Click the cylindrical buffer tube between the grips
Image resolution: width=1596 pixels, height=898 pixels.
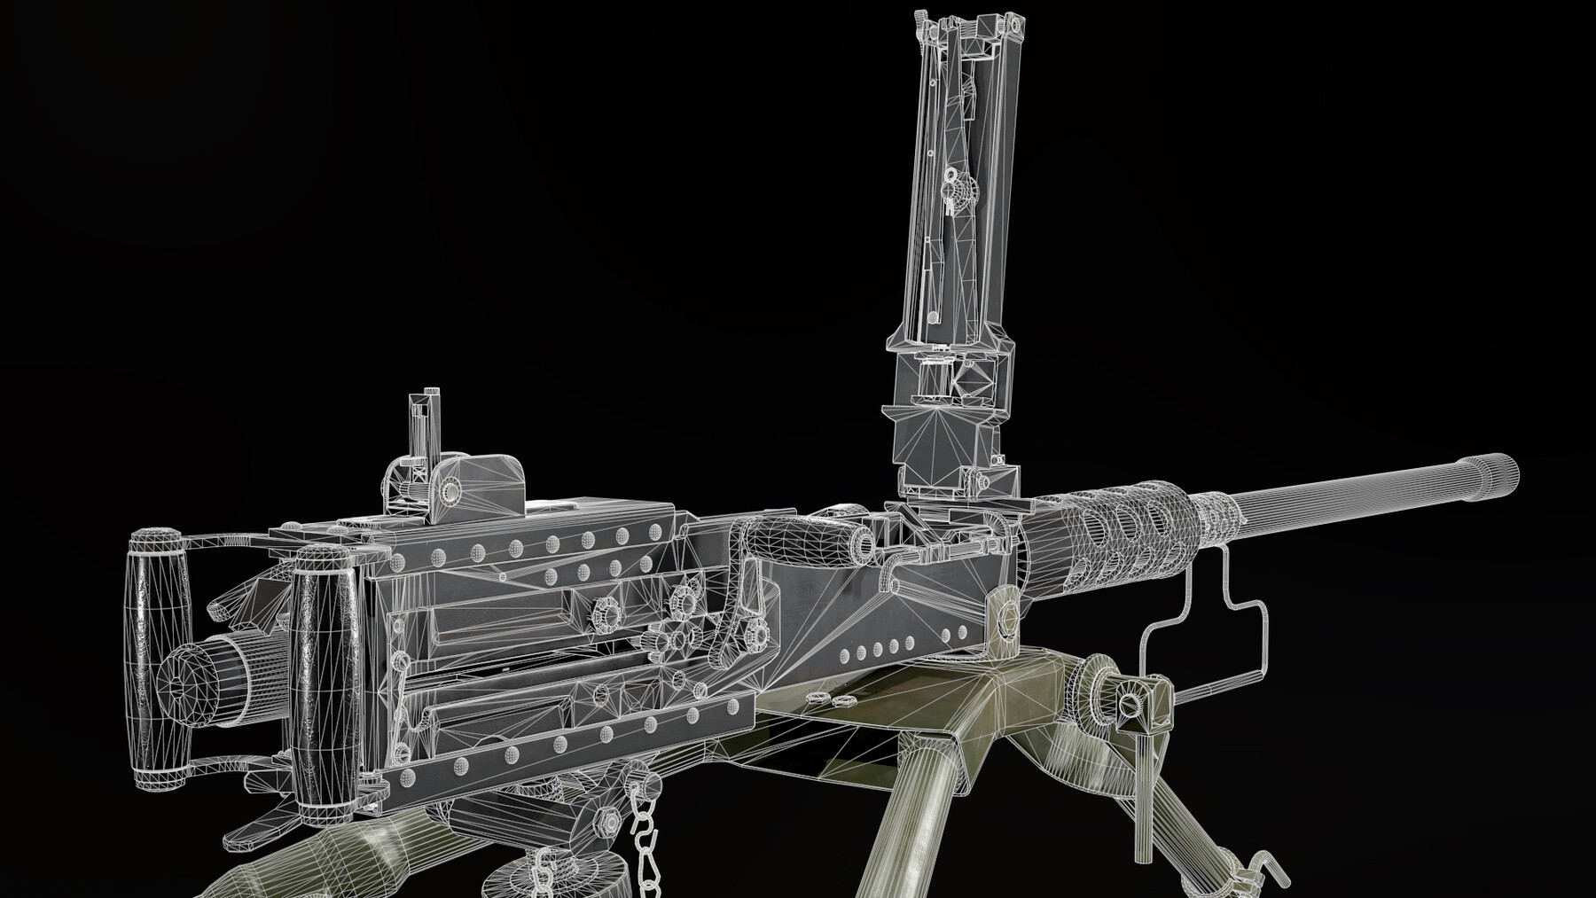coord(213,674)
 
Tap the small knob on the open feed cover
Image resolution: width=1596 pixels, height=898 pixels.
coord(958,188)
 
